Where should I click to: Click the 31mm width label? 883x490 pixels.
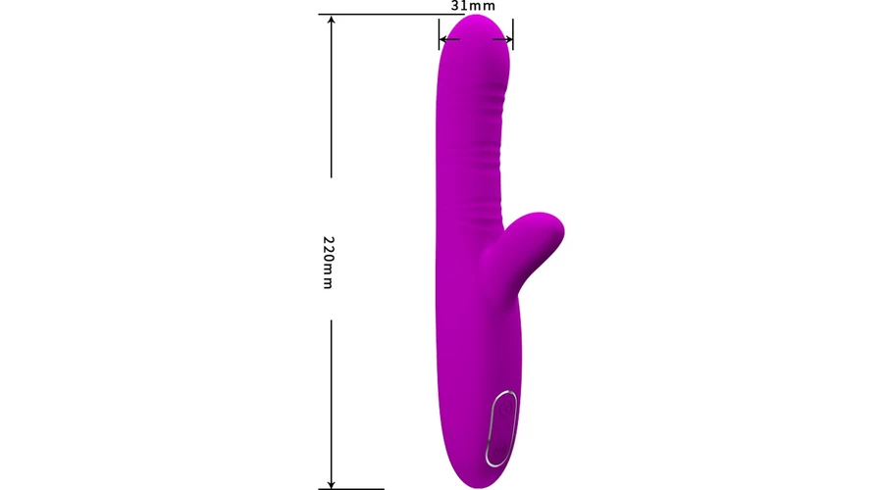tap(473, 6)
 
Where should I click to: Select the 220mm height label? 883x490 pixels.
tap(329, 263)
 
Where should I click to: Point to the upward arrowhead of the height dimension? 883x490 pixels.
tap(332, 22)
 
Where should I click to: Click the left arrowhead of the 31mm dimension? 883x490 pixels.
tap(443, 39)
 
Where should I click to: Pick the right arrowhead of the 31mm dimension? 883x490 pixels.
tap(508, 39)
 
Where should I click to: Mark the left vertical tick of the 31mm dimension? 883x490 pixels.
tap(439, 33)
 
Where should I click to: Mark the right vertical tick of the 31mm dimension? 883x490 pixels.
tap(513, 33)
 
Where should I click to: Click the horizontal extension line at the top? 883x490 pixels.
tap(391, 14)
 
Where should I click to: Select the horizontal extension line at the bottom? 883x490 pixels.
tap(351, 489)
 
